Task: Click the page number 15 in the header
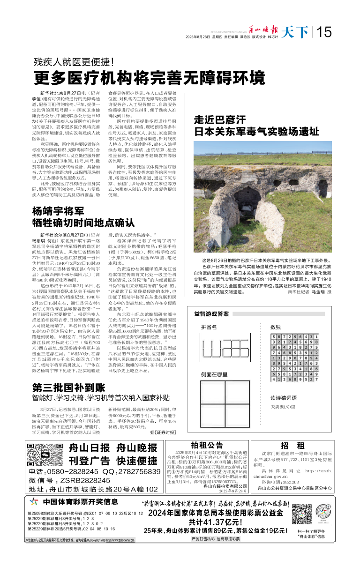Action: (324, 32)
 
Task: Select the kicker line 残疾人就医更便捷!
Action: (73, 61)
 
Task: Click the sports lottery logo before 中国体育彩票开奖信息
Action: (33, 502)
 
